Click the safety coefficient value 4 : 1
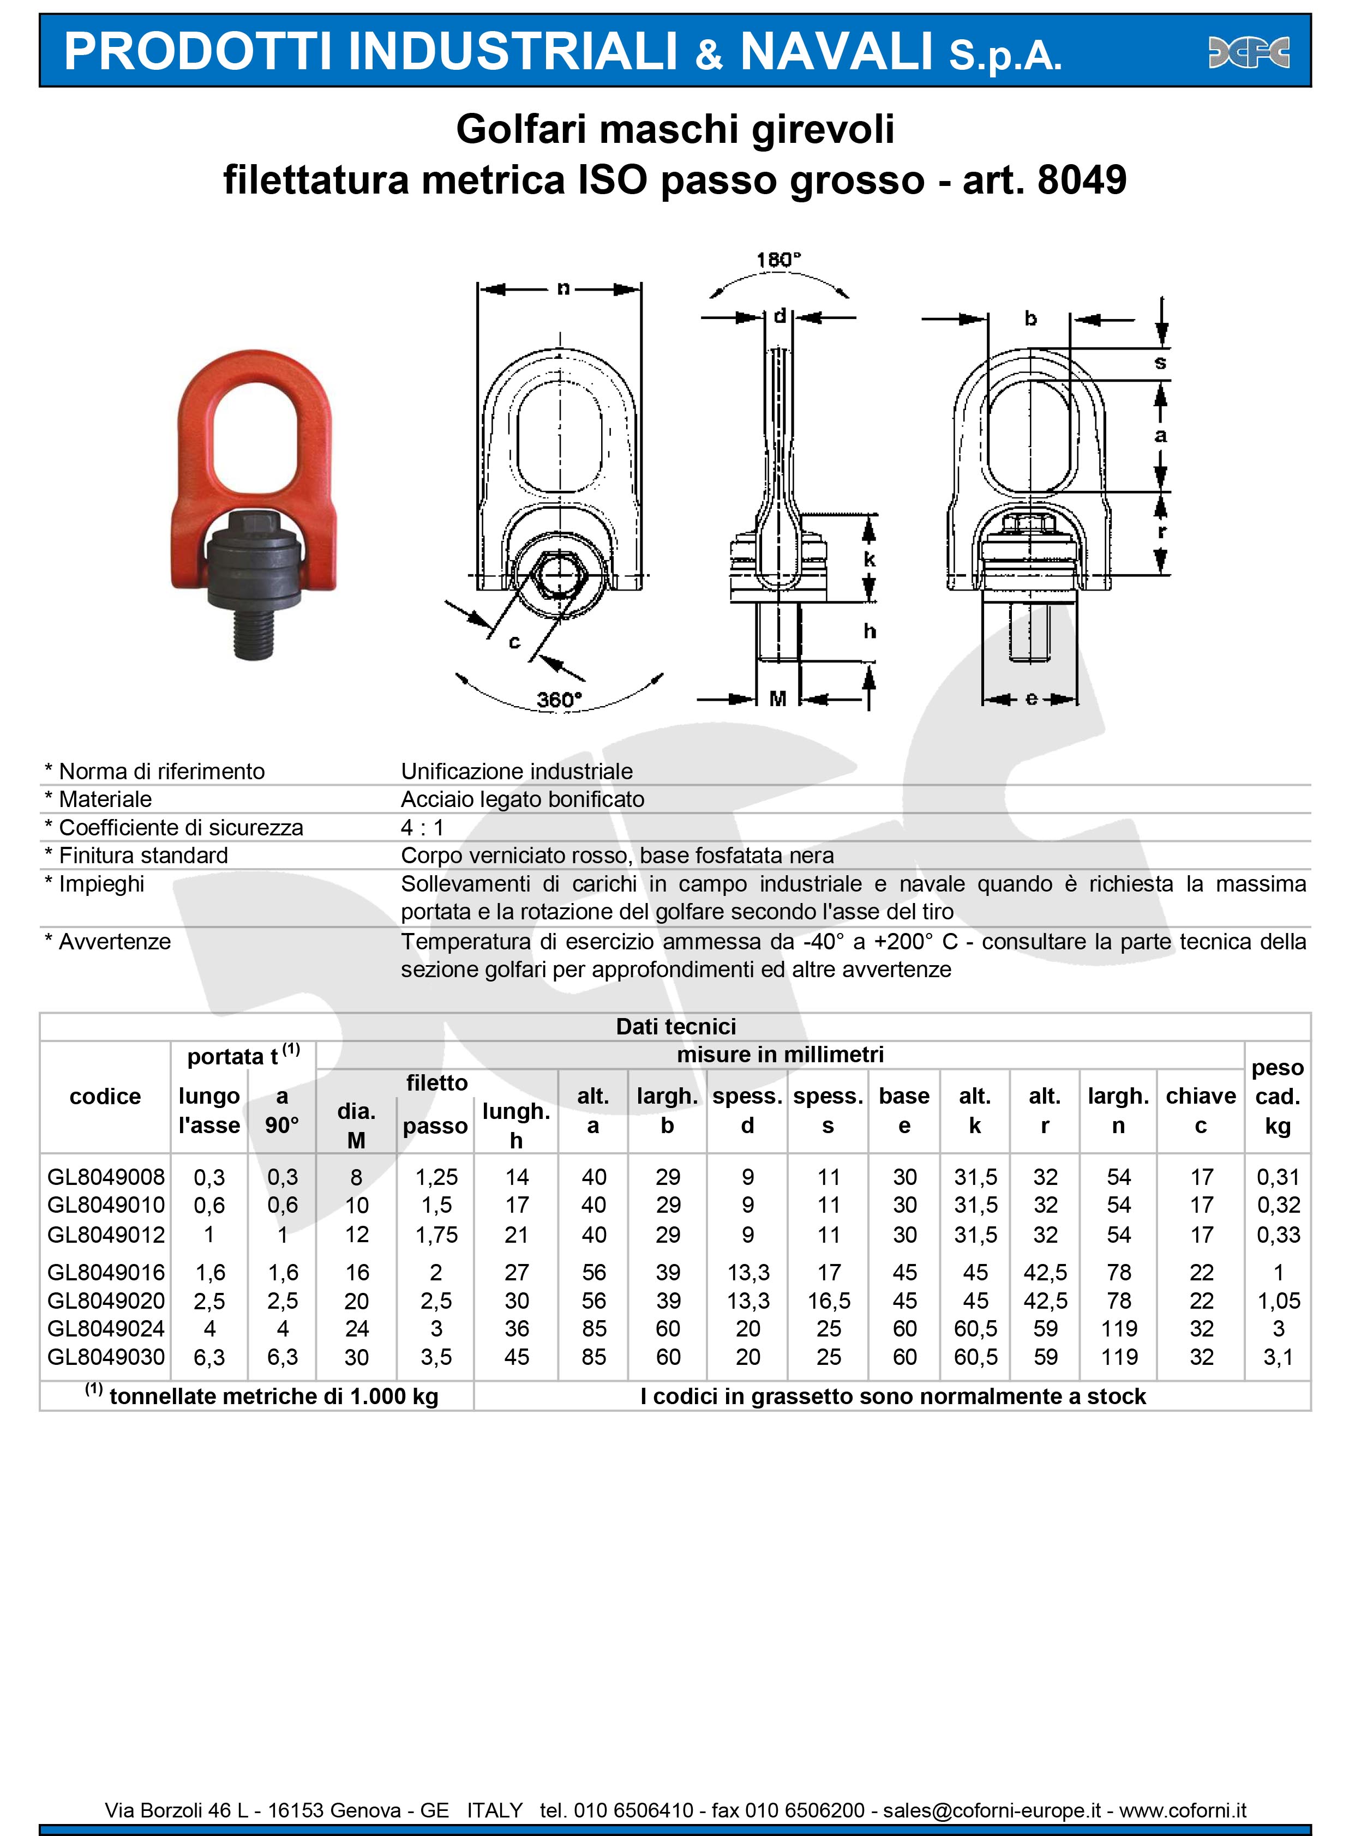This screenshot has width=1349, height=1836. (x=422, y=828)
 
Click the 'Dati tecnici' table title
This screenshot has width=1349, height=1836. (x=675, y=1026)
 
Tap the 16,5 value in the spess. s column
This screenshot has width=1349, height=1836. (x=829, y=1301)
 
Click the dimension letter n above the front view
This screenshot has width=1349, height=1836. (x=563, y=288)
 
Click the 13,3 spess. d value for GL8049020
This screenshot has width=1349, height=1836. (x=748, y=1301)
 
